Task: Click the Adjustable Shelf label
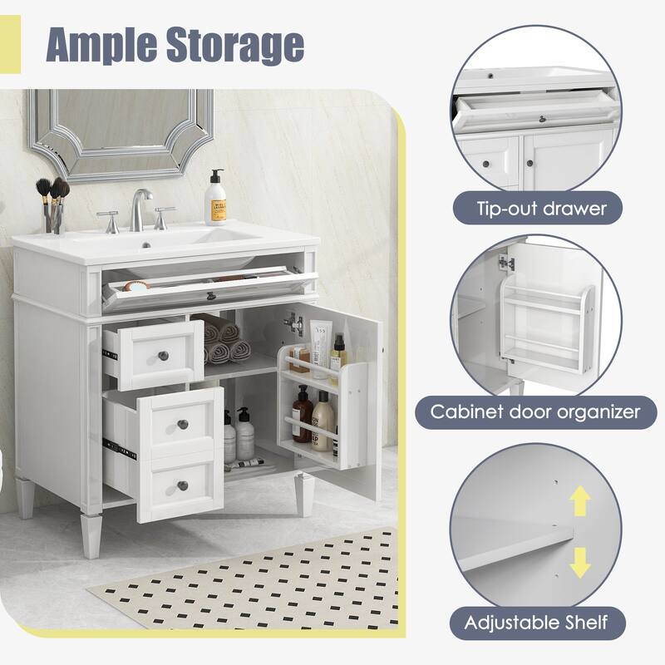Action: [537, 621]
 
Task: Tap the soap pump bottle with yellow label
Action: [217, 199]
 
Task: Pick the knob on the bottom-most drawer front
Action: [182, 485]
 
